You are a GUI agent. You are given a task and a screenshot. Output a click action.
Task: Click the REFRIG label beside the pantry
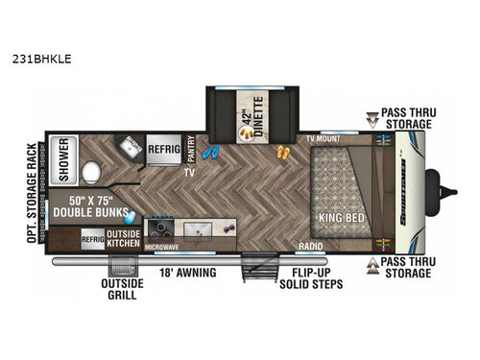(x=162, y=149)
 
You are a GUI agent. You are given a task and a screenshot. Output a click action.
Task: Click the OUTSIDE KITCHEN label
(x=124, y=239)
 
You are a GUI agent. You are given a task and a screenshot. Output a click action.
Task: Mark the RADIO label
(x=310, y=246)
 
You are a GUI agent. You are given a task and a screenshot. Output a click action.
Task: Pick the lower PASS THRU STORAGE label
(x=407, y=267)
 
